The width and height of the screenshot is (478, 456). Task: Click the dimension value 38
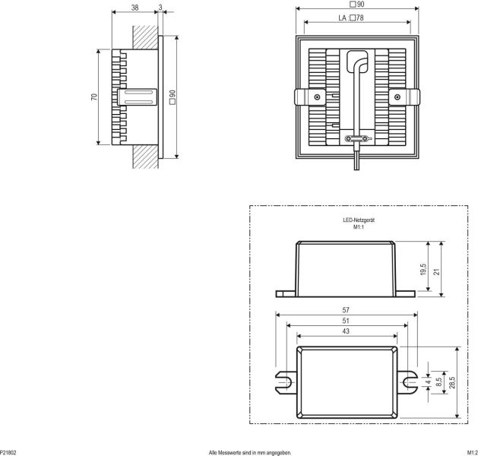135,8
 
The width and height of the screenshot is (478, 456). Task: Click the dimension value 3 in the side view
161,8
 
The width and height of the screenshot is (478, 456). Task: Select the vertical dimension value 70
93,97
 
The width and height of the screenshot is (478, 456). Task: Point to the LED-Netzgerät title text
359,220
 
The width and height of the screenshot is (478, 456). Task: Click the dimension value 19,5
423,269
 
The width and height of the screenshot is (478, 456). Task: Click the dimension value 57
346,310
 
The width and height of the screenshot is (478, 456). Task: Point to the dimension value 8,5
438,379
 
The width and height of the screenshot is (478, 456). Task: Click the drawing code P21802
8,451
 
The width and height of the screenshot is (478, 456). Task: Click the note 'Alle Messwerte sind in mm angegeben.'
250,451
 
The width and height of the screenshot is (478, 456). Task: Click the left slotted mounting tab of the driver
284,379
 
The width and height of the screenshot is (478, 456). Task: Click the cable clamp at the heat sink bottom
357,138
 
